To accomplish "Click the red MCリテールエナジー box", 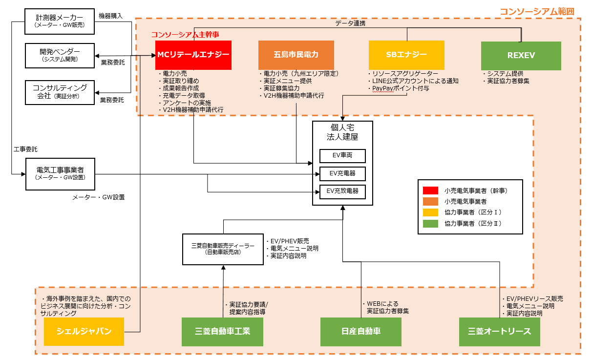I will tap(193, 55).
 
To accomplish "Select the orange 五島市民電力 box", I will tap(296, 55).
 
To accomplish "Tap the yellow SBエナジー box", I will tap(406, 55).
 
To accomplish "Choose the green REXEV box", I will tap(521, 56).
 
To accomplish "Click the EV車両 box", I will tap(342, 156).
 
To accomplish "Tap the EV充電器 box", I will tap(342, 173).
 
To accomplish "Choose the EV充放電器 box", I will tap(342, 191).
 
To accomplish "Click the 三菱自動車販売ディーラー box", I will tap(223, 249).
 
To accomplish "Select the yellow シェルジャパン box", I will tap(84, 332).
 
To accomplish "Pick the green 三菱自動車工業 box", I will tap(222, 332).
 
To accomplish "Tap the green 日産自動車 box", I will tap(361, 332).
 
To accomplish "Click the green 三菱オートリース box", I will tap(499, 332).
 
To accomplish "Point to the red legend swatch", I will tap(430, 191).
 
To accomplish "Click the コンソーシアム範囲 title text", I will tap(536, 11).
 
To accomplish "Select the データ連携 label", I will tap(351, 23).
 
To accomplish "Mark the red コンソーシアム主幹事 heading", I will tap(185, 35).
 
